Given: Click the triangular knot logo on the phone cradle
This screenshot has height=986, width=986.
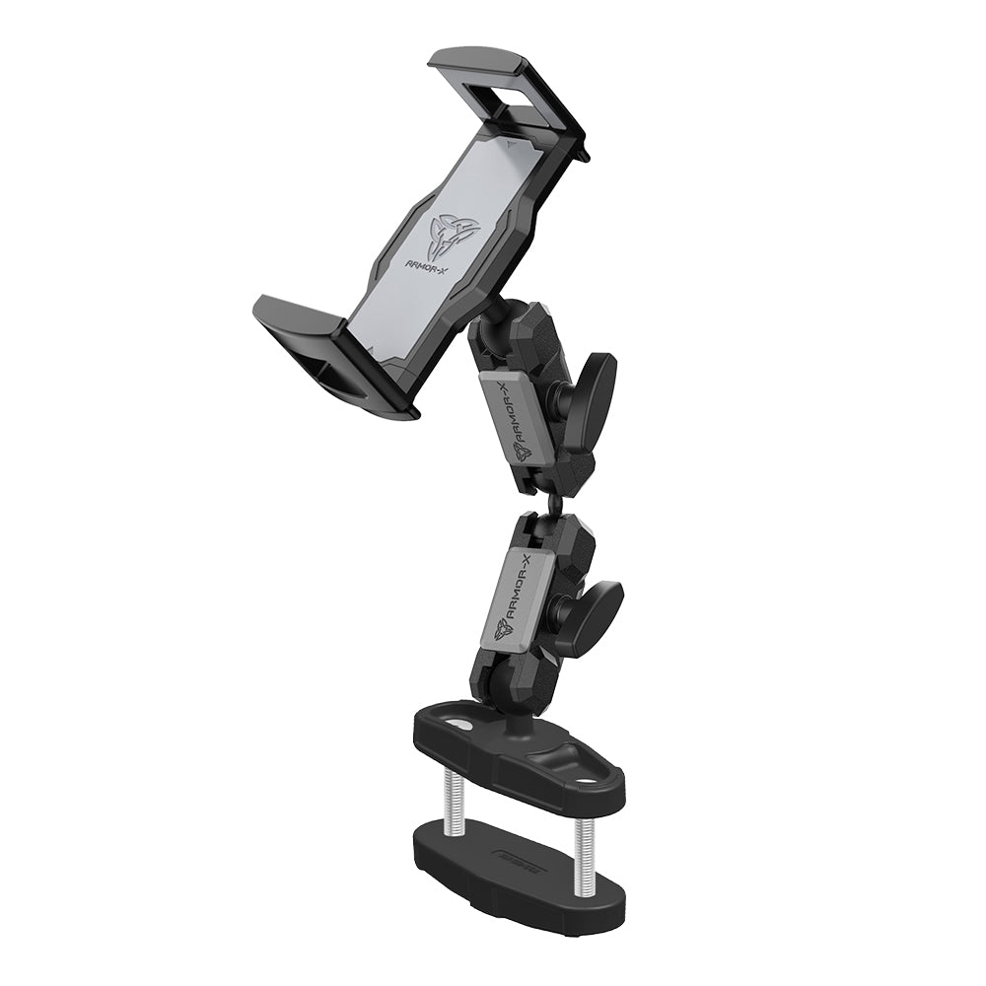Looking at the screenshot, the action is (x=449, y=237).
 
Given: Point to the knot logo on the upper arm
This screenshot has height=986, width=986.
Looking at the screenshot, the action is (x=521, y=451).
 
